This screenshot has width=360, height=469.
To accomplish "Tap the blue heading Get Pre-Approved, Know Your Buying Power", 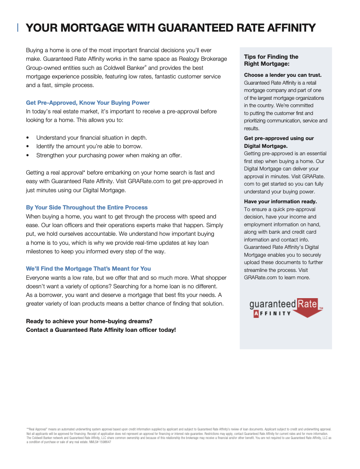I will tap(88, 103).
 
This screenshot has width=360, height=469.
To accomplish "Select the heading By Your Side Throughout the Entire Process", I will tap(87, 207).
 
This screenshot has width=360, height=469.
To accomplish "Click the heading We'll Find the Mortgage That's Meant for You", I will tap(88, 269).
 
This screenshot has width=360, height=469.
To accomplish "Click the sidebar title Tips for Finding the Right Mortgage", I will tap(271, 60).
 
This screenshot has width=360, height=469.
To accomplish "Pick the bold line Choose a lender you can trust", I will tap(283, 75).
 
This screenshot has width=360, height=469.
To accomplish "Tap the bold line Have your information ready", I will tap(280, 202).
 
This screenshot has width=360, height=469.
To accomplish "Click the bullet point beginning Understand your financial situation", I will tap(91, 138).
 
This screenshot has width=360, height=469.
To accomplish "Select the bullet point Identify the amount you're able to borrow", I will tap(89, 146).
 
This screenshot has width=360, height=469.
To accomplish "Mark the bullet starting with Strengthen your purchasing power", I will tap(108, 155).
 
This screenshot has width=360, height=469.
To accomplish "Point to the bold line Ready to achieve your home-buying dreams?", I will tap(89, 321).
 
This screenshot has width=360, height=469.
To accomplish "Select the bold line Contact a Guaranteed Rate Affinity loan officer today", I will tap(101, 330).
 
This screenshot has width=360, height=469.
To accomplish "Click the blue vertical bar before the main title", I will tap(18, 28).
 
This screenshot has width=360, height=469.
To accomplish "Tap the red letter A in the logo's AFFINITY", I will tap(256, 314).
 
